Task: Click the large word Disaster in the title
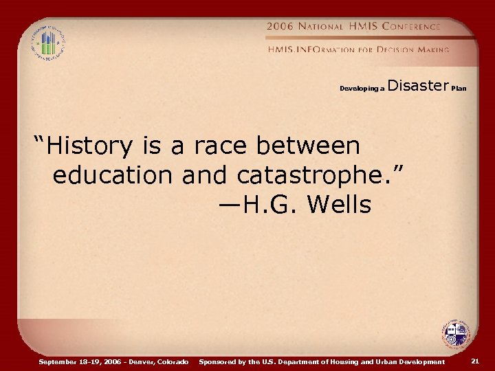[x=418, y=86]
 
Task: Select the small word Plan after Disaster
[x=459, y=89]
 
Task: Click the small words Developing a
[x=362, y=89]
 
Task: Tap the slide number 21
[x=475, y=361]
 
